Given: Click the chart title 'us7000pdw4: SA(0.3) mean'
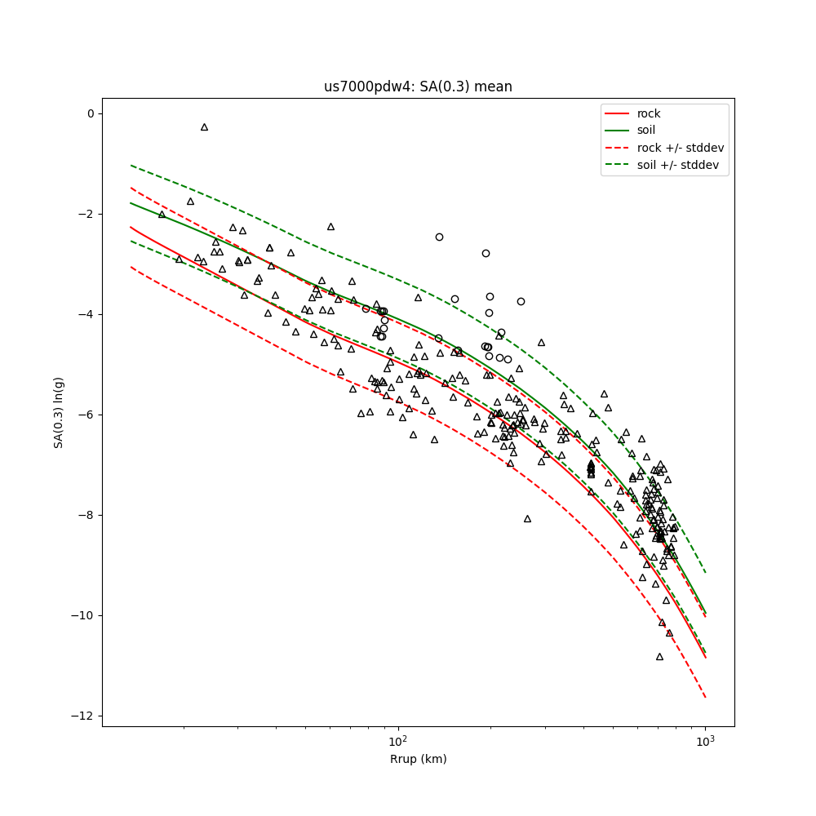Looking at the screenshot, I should tap(418, 86).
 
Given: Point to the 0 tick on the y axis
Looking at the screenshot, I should tap(91, 113).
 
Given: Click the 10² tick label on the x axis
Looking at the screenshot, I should tap(397, 741).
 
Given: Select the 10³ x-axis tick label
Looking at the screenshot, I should tap(705, 741).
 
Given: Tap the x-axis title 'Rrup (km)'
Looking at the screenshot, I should tap(418, 759).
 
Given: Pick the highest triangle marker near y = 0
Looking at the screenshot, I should tap(204, 127).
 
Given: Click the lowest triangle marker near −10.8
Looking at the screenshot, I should tap(659, 657).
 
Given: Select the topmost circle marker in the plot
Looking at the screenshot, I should tap(439, 237).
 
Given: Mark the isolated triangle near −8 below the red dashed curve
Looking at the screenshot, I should tap(527, 519).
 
